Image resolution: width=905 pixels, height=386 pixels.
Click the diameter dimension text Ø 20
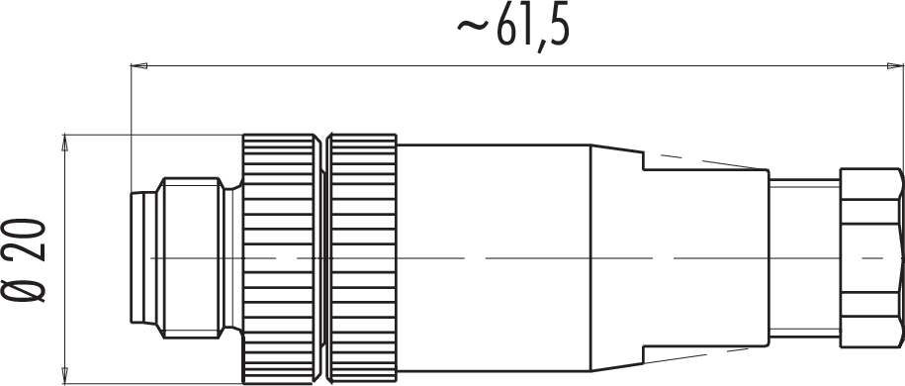tap(26, 260)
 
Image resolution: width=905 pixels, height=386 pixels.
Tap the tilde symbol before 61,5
tap(475, 27)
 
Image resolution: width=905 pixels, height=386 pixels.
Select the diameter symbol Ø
tap(26, 284)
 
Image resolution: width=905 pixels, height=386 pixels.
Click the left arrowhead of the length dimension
tap(139, 66)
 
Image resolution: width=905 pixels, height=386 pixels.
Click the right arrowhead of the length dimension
tap(896, 66)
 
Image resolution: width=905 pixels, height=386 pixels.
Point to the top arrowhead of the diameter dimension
tap(65, 143)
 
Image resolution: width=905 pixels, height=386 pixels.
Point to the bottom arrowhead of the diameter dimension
tap(65, 375)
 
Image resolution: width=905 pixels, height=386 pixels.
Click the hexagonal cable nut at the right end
tap(871, 257)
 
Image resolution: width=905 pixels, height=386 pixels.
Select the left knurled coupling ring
tap(282, 259)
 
